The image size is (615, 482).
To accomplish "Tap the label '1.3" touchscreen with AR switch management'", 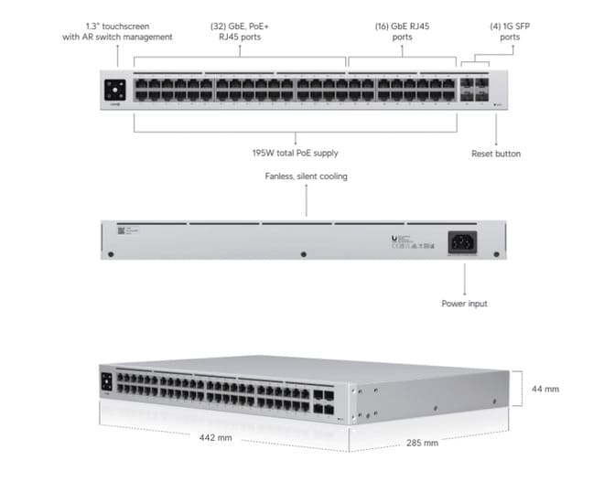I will [x=117, y=31].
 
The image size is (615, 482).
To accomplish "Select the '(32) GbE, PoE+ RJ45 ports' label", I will [x=241, y=31].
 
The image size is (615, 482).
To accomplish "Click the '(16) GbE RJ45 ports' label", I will [x=402, y=31].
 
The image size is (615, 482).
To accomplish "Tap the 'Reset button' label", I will [x=496, y=154].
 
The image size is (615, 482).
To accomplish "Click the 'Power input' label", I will [x=464, y=303].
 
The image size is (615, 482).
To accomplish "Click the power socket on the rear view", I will [x=465, y=241].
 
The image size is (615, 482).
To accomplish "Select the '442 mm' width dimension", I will [x=216, y=438].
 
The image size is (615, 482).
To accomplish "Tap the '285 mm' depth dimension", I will [x=422, y=443].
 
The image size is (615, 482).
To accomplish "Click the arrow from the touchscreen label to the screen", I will [x=117, y=56].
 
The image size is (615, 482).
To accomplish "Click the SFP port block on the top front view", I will [x=474, y=89].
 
